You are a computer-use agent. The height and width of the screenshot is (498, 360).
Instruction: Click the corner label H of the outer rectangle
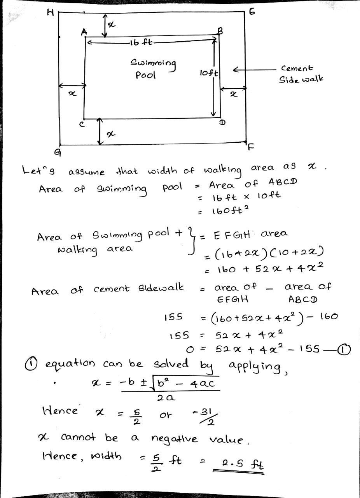[x=50, y=13]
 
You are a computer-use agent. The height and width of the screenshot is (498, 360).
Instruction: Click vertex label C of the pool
[x=82, y=124]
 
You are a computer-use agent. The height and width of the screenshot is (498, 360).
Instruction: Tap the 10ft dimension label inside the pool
[x=209, y=73]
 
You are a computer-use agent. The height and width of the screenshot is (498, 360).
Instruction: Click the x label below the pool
[x=111, y=134]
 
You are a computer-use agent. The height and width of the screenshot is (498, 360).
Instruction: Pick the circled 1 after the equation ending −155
[x=345, y=350]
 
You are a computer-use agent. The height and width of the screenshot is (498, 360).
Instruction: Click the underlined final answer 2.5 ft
[x=238, y=464]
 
